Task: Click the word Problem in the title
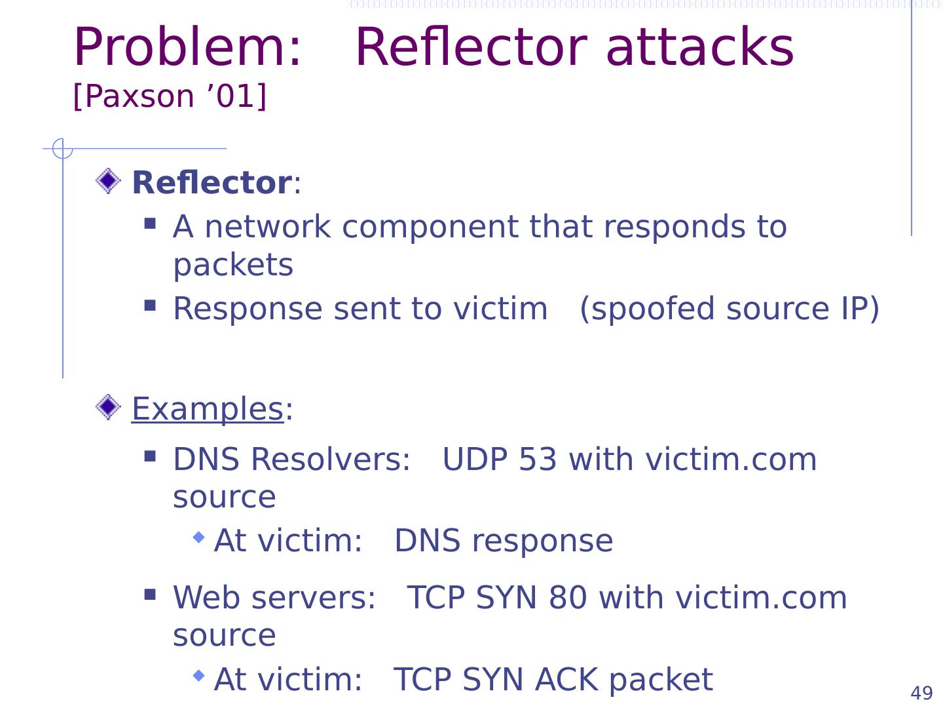[x=187, y=47]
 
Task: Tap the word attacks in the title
[x=699, y=47]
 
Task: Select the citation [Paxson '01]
[x=170, y=96]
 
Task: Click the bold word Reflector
[x=212, y=183]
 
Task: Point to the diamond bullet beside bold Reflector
[x=108, y=181]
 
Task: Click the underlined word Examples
[x=208, y=409]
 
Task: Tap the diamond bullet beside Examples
[x=108, y=407]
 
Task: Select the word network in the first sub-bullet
[x=268, y=227]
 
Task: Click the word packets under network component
[x=233, y=265]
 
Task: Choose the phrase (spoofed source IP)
[x=730, y=309]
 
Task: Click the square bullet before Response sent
[x=150, y=305]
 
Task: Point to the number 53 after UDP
[x=538, y=460]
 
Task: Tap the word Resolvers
[x=330, y=460]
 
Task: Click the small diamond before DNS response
[x=198, y=537]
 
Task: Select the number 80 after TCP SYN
[x=568, y=598]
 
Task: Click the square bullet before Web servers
[x=150, y=595]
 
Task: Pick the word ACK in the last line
[x=566, y=680]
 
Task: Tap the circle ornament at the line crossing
[x=63, y=149]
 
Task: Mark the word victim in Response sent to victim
[x=500, y=309]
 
